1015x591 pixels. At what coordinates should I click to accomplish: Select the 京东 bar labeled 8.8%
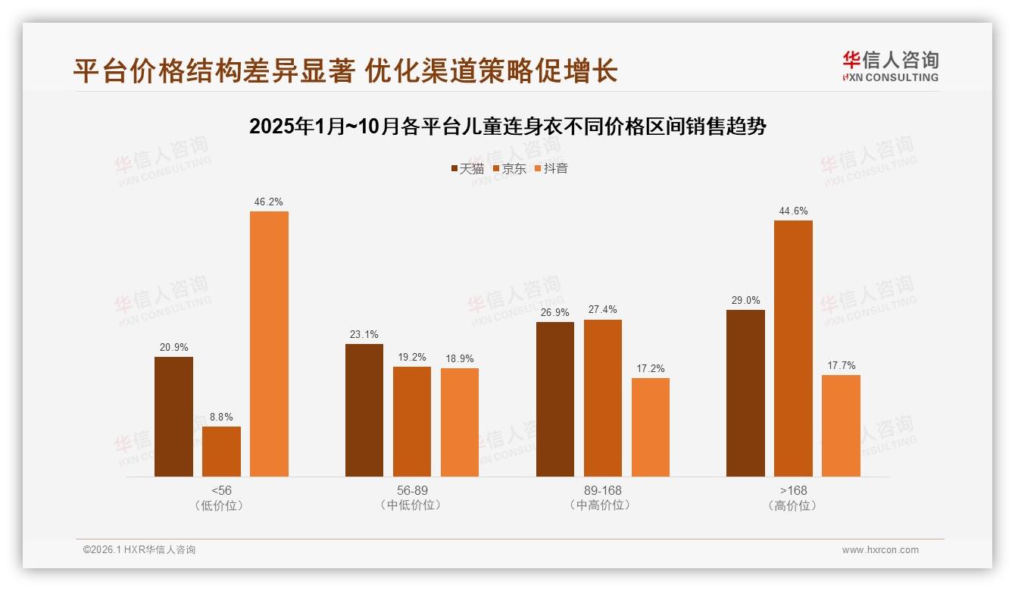(221, 452)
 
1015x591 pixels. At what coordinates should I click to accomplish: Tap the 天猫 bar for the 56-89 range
(364, 410)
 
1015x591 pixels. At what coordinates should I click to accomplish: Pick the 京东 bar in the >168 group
(793, 348)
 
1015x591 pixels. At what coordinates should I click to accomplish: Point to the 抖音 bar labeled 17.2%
(651, 427)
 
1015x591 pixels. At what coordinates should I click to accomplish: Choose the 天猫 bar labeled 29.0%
(745, 392)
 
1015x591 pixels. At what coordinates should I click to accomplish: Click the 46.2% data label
(269, 202)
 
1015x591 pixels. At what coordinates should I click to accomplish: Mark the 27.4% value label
(602, 310)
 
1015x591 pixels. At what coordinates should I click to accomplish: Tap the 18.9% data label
(460, 358)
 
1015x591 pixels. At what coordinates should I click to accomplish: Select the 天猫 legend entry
(467, 169)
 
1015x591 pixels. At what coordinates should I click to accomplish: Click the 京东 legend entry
(510, 169)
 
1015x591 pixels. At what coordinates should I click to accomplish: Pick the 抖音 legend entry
(551, 169)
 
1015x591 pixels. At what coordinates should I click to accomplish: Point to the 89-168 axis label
(603, 490)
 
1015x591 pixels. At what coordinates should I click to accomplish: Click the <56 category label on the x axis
(222, 490)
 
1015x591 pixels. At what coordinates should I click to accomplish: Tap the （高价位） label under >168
(793, 505)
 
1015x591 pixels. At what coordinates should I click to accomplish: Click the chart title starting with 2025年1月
(507, 126)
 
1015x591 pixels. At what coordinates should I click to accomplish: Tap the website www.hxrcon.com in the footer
(880, 550)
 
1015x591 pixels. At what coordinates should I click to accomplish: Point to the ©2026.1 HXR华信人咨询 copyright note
(139, 550)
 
